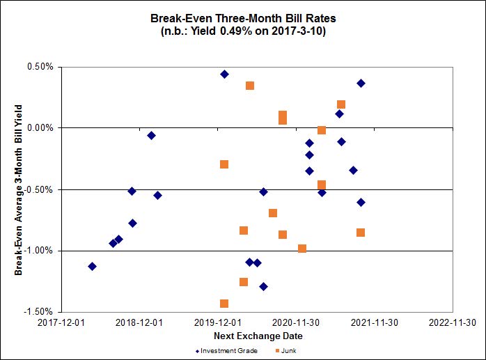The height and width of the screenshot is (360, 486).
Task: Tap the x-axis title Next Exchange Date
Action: tap(258, 336)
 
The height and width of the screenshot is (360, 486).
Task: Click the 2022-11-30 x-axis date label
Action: tap(453, 322)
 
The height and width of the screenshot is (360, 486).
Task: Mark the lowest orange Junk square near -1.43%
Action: tap(224, 304)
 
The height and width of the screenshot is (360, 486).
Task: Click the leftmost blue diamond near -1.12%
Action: tap(92, 266)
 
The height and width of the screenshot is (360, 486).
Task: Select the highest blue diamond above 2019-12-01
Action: tap(224, 74)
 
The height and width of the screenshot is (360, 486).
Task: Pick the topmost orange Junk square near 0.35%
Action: tap(250, 86)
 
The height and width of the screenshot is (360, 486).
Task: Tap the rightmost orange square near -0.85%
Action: tap(361, 233)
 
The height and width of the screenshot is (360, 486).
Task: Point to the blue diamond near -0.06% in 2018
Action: tap(151, 135)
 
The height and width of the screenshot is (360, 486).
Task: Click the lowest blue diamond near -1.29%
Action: tap(263, 286)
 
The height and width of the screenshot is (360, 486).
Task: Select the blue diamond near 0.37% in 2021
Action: tap(361, 83)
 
